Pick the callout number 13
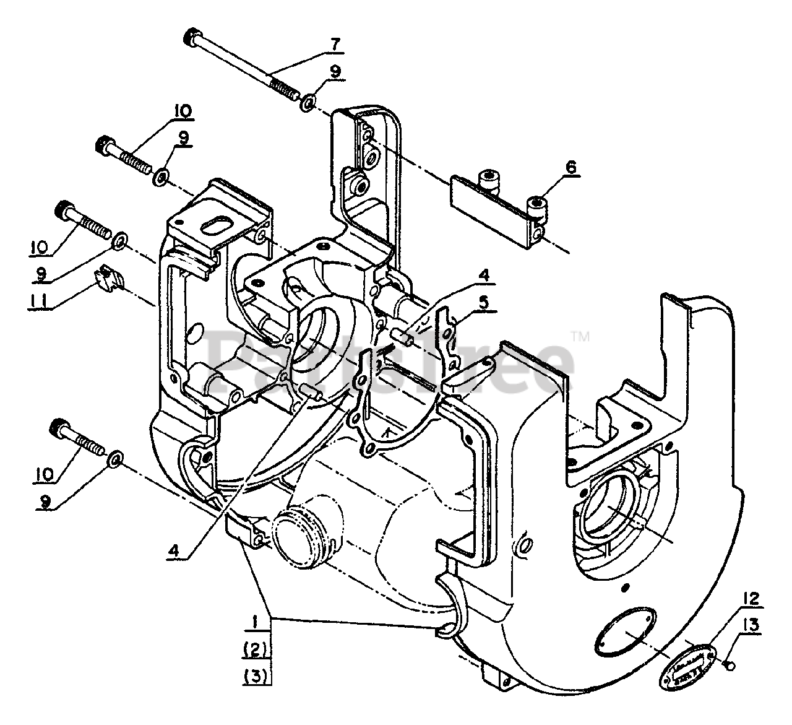tap(755, 627)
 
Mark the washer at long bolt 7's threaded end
tap(308, 102)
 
